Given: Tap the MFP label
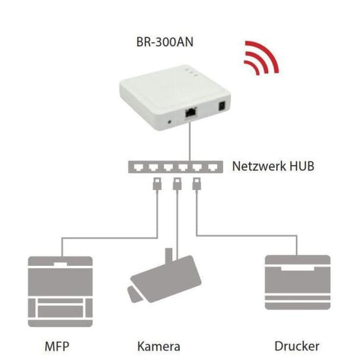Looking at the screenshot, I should coord(59,346).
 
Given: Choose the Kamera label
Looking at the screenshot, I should coord(158,346).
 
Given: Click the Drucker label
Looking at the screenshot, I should coord(297,346).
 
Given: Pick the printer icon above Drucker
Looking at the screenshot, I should coord(298,283).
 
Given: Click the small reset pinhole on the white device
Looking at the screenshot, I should coord(172,121).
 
